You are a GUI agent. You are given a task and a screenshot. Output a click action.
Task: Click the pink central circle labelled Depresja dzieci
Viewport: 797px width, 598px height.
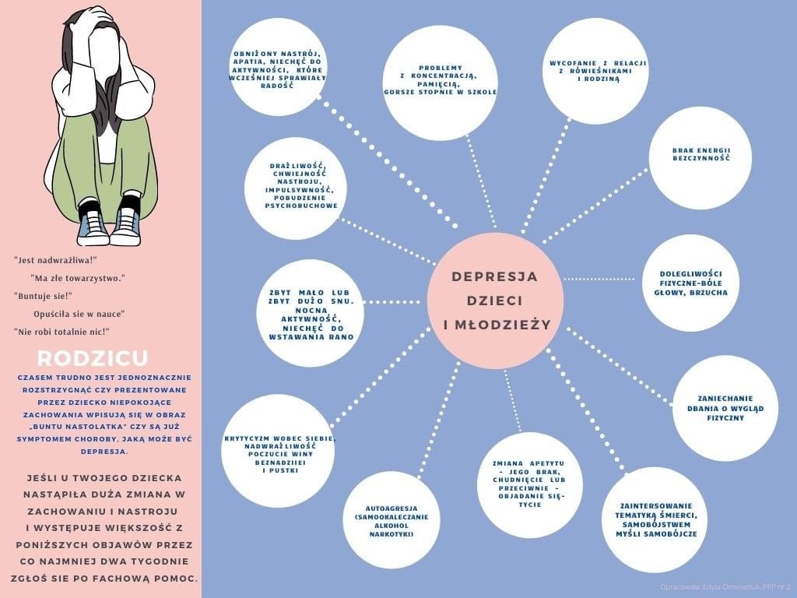pos(495,301)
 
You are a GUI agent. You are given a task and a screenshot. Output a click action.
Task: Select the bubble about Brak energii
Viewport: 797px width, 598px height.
pos(700,157)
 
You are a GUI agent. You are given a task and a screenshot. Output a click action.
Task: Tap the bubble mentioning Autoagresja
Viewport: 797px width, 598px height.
pos(391,520)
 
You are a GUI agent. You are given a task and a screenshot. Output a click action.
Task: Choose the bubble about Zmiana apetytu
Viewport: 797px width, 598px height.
pos(529,485)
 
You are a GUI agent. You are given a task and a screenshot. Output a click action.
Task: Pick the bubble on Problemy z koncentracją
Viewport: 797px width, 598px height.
pos(441,83)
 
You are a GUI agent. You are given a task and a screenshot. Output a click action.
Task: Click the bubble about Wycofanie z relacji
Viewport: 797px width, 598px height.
pos(595,71)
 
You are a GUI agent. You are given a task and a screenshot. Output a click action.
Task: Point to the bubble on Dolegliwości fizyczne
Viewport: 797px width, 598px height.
pos(691,283)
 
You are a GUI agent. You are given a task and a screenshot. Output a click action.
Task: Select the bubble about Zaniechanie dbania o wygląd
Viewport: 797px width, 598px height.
pos(725,408)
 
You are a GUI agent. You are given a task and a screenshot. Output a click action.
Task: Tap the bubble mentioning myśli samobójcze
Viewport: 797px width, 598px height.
pos(655,520)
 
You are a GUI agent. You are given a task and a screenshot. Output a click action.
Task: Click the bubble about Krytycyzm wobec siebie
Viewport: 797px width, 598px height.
pos(278,451)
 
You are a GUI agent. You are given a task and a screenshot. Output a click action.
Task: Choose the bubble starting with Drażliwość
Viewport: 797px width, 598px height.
pos(296,188)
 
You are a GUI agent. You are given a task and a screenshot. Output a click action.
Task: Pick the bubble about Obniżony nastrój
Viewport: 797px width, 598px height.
pos(278,67)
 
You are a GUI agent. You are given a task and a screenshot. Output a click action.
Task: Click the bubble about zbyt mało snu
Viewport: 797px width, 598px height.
pos(310,313)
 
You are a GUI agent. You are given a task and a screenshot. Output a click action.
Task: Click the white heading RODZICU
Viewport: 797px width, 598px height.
pos(93,358)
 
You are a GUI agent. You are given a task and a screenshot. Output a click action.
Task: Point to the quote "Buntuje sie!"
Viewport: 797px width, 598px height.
pos(44,296)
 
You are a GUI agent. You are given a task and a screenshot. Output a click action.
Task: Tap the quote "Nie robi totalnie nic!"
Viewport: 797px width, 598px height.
pos(62,332)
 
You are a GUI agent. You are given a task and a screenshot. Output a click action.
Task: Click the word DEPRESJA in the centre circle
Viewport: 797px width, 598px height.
pos(494,276)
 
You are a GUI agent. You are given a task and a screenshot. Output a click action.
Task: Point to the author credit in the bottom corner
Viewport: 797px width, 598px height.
pos(725,587)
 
